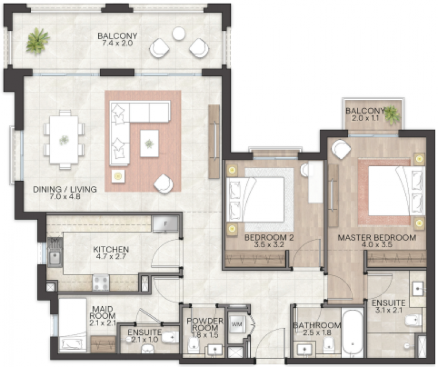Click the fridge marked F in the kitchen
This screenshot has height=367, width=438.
[165, 224]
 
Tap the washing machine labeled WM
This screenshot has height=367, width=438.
[237, 325]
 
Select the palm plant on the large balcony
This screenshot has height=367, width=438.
[37, 41]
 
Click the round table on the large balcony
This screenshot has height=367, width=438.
[179, 33]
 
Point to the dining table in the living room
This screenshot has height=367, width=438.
[64, 139]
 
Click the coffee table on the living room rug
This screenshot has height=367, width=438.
[149, 143]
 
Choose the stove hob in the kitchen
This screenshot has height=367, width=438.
[101, 283]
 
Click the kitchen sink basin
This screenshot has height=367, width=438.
[55, 258]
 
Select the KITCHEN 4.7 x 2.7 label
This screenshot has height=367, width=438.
[111, 252]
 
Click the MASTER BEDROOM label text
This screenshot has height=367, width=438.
[377, 238]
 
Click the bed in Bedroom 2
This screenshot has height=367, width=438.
[255, 200]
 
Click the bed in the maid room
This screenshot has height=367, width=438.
[73, 325]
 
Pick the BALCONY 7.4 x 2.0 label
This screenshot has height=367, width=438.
[117, 40]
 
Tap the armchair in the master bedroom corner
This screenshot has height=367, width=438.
[341, 149]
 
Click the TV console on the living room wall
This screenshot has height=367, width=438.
[214, 142]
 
